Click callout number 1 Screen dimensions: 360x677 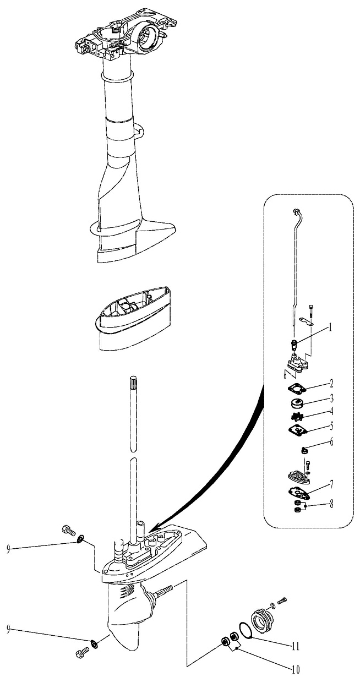(x=330, y=327)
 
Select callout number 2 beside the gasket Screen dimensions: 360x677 (x=331, y=384)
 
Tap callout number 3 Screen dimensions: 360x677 (x=331, y=398)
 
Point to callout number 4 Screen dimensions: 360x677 (x=331, y=411)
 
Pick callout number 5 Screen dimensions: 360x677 (x=331, y=427)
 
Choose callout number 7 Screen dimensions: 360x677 (x=331, y=485)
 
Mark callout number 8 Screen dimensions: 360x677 (x=331, y=504)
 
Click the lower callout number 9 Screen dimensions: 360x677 (x=8, y=629)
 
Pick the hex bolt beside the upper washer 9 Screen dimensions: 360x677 (x=68, y=530)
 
